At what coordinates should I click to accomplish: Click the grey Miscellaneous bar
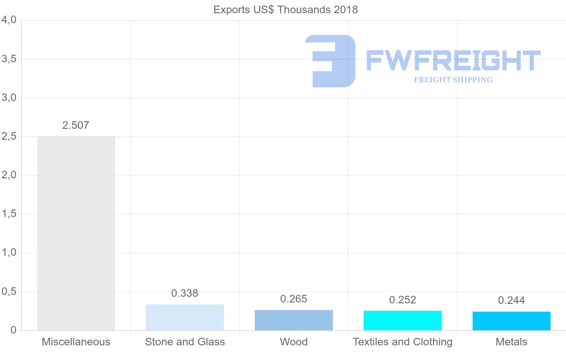(76, 233)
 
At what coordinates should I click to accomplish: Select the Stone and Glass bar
(185, 318)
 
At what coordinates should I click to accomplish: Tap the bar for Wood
(293, 320)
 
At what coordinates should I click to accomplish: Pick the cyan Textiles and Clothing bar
(402, 320)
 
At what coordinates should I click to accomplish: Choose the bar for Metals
(511, 321)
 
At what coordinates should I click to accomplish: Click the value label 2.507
(75, 126)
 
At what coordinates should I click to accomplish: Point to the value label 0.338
(185, 293)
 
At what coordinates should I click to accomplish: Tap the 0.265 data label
(293, 299)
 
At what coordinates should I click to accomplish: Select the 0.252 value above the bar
(402, 300)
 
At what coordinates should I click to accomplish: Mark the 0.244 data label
(511, 301)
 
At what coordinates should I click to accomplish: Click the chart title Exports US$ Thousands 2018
(285, 9)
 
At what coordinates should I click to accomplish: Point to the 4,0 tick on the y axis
(9, 20)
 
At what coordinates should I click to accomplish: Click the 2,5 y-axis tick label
(9, 136)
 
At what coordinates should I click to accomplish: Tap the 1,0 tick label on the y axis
(9, 253)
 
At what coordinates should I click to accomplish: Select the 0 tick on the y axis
(14, 330)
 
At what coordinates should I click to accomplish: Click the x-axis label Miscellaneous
(76, 342)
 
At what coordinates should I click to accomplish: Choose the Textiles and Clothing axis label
(402, 342)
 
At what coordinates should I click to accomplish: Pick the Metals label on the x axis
(511, 342)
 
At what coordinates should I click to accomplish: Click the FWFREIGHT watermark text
(453, 60)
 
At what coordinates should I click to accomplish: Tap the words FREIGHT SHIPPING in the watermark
(453, 80)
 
